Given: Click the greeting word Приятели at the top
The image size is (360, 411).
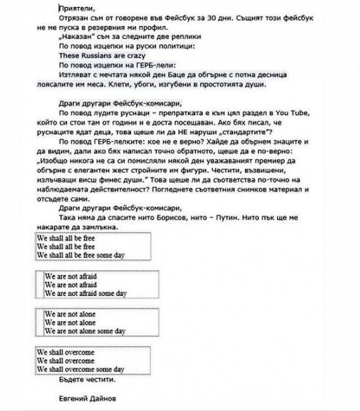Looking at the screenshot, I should (x=76, y=8).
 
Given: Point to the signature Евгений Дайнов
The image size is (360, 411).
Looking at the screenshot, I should (x=87, y=399).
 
